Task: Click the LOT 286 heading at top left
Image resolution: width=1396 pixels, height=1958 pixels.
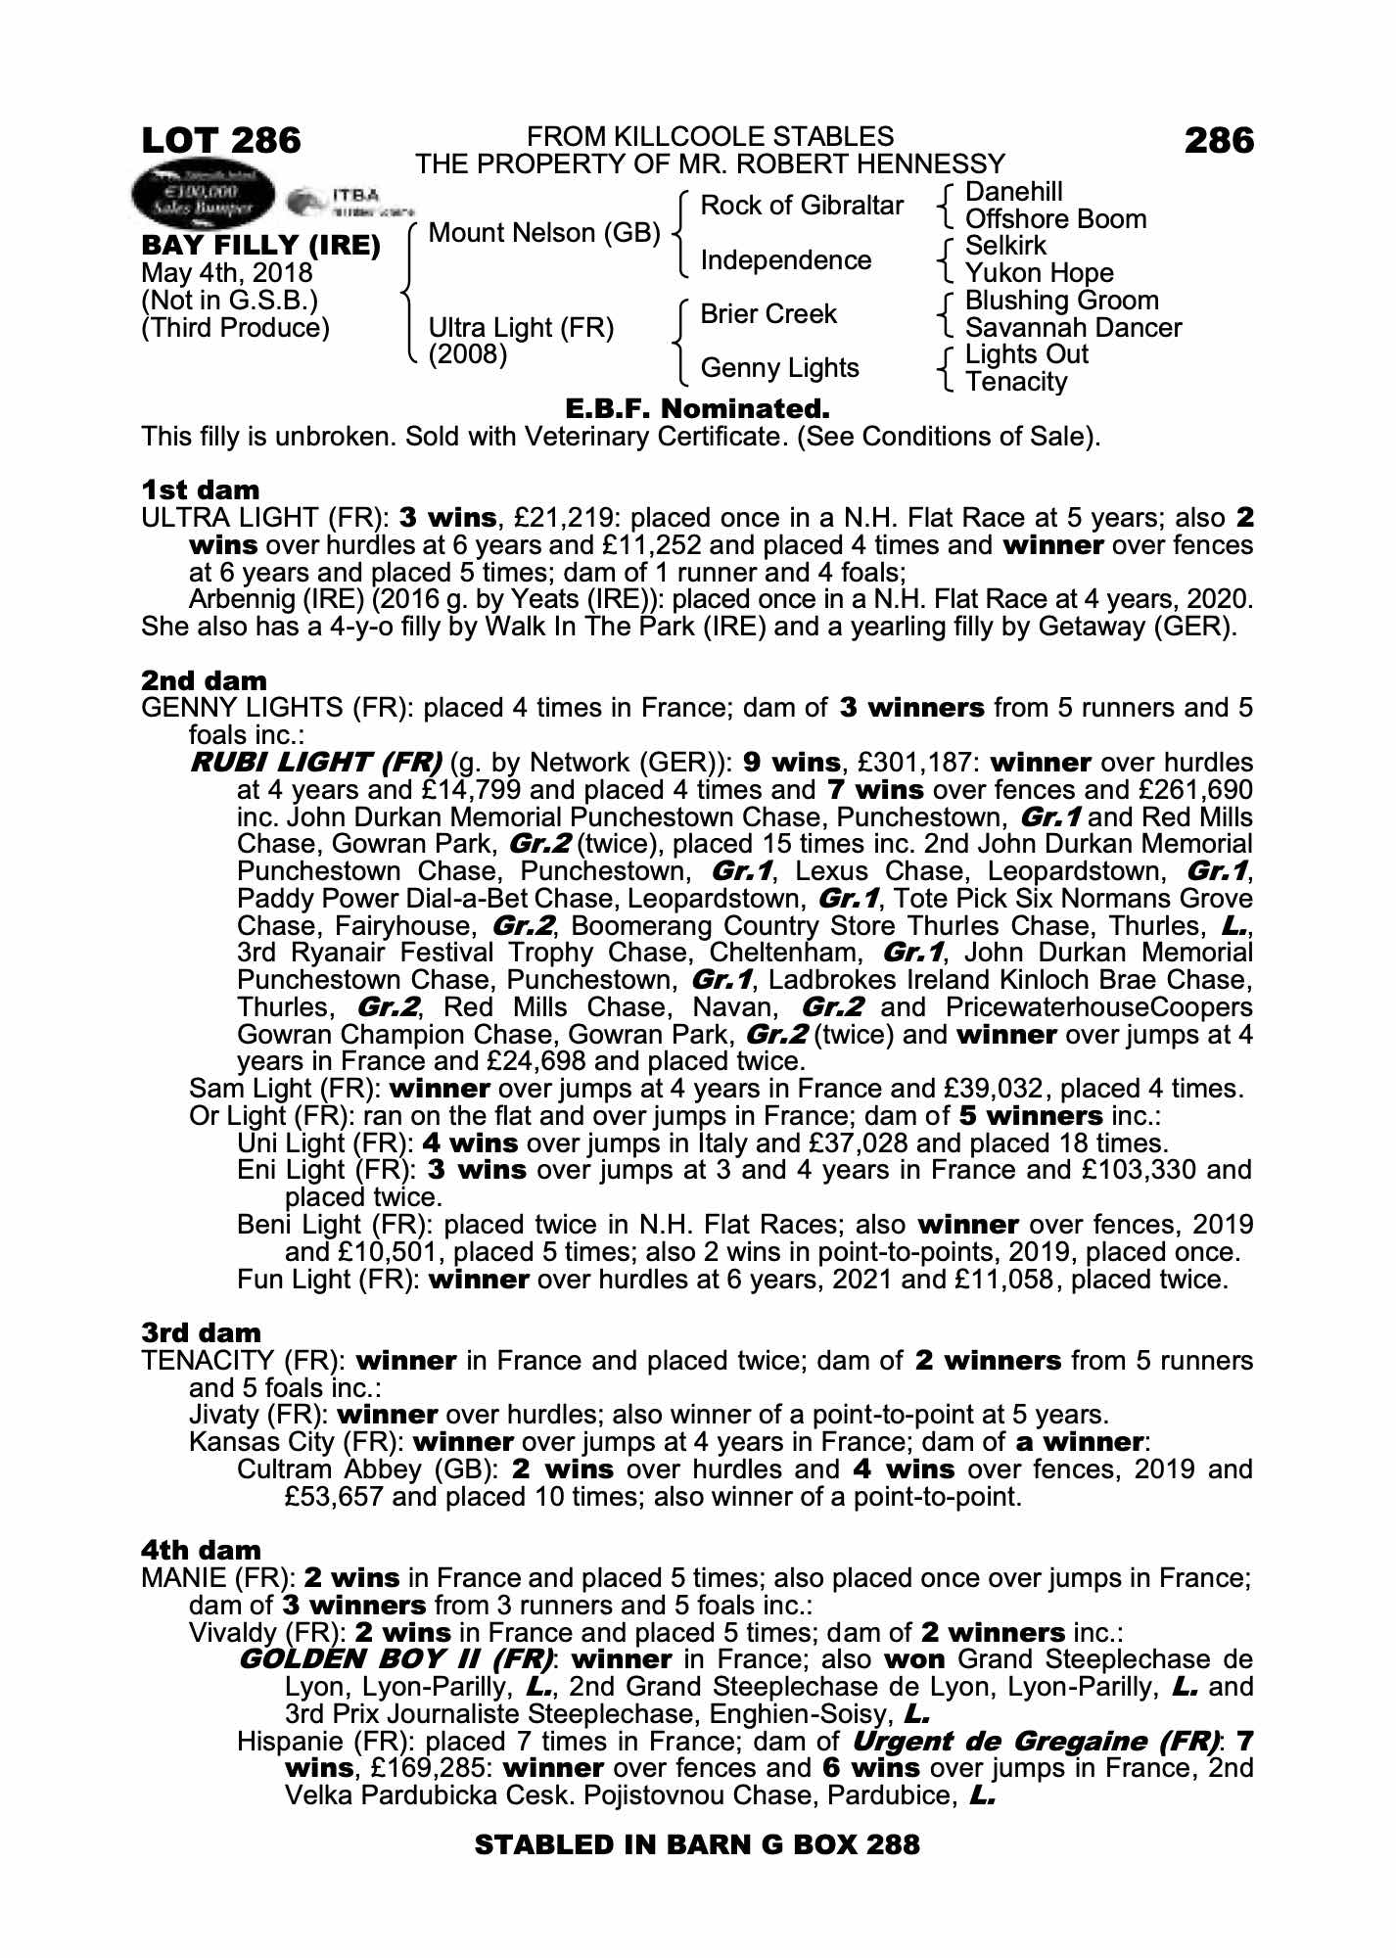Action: (x=221, y=141)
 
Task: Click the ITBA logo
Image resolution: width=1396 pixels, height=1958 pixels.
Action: (x=350, y=202)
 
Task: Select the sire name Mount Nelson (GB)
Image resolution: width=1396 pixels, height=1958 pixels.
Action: (x=544, y=233)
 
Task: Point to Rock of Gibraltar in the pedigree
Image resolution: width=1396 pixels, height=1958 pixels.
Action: (x=802, y=206)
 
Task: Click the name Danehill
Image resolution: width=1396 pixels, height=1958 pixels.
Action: (x=1013, y=192)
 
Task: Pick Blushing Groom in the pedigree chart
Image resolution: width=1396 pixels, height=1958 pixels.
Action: (x=1061, y=301)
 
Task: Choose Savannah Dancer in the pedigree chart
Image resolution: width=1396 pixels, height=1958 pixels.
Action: (x=1073, y=328)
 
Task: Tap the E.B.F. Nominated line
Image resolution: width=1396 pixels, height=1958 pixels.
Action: (x=697, y=407)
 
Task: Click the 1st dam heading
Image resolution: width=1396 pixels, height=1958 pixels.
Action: (x=201, y=489)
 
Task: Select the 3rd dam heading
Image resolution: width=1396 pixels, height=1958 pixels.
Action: (x=201, y=1332)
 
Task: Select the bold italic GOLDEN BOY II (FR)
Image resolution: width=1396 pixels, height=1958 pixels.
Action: (x=395, y=1659)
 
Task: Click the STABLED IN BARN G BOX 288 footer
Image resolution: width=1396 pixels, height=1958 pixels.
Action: (x=697, y=1845)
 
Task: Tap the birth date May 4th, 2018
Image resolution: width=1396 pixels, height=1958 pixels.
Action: (x=227, y=273)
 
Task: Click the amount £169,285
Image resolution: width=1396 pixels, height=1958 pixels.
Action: (x=427, y=1769)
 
